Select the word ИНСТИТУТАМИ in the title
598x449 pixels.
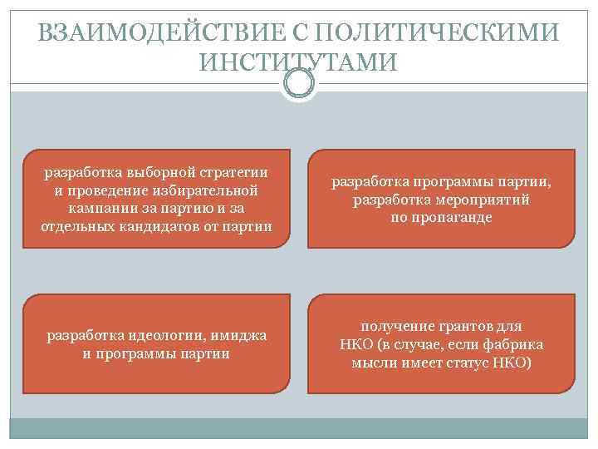click(299, 62)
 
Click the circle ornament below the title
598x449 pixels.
click(299, 83)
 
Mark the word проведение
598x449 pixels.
click(108, 190)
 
